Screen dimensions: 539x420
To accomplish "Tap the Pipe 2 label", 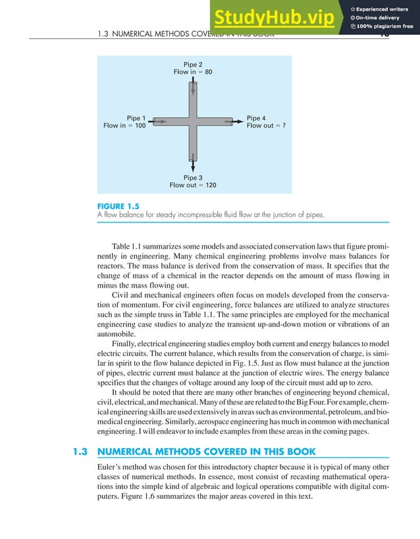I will pyautogui.click(x=192, y=64).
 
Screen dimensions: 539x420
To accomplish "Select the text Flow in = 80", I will pyautogui.click(x=192, y=72).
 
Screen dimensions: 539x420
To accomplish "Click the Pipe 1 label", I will pyautogui.click(x=136, y=118).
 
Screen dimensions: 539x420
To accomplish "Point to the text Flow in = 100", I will pyautogui.click(x=124, y=126).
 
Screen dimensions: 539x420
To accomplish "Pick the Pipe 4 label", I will pyautogui.click(x=256, y=118).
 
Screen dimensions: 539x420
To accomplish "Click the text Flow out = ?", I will pyautogui.click(x=265, y=126).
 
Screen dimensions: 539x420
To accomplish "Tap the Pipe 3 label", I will pyautogui.click(x=192, y=178).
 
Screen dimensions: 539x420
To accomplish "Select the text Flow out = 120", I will pyautogui.click(x=192, y=186).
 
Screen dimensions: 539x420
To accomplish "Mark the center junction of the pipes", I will pyautogui.click(x=192, y=122).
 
